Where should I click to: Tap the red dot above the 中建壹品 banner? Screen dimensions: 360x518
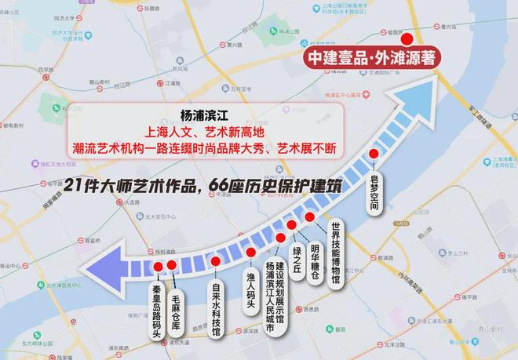point(407,38)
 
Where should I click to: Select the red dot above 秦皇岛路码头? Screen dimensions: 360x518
point(159,267)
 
